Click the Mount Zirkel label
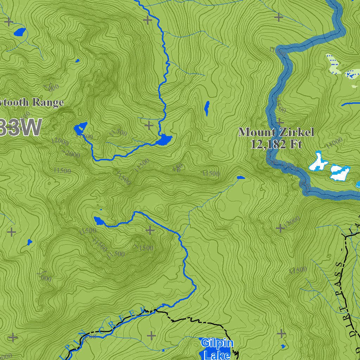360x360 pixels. coord(276,132)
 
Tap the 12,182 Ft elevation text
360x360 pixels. coord(276,144)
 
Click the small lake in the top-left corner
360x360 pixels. coord(20,32)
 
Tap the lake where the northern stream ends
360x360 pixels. coord(164,140)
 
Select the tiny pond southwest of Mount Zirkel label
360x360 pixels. coord(241,178)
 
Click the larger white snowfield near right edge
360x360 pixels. coord(340,172)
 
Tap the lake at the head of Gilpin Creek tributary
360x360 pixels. coord(99,221)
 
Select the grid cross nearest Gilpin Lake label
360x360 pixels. coord(151,335)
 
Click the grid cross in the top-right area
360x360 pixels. coord(279,17)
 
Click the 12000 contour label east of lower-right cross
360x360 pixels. coord(292,221)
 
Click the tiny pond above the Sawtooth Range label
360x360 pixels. coord(77,60)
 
